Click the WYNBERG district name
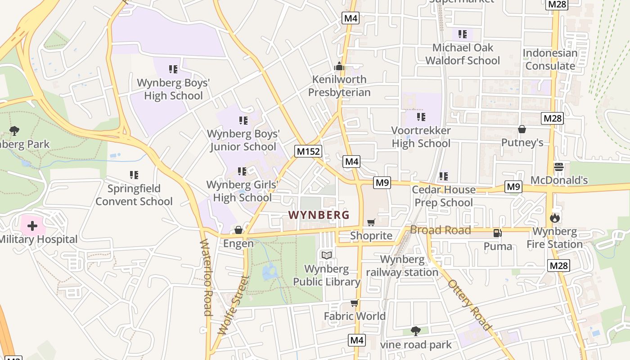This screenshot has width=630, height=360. [x=319, y=215]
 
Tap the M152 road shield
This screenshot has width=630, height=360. [x=308, y=151]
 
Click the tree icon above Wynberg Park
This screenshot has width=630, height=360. [x=14, y=131]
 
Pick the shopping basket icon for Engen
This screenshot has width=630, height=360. [x=238, y=230]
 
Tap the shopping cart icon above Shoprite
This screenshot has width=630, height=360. [x=371, y=222]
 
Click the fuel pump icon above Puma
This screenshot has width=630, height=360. [x=498, y=233]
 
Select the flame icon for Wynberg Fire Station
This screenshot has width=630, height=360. [x=555, y=218]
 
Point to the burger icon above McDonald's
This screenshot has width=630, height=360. [x=559, y=167]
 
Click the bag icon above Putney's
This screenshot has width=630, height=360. [x=522, y=130]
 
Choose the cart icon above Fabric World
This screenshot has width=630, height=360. [x=355, y=303]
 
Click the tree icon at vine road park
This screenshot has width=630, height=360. [x=416, y=331]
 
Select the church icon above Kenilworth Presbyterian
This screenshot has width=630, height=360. [x=339, y=67]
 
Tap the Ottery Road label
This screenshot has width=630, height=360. [x=469, y=305]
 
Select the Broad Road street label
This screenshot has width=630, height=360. [x=440, y=230]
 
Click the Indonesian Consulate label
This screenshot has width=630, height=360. [x=550, y=59]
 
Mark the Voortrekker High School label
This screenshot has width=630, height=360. [x=421, y=137]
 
